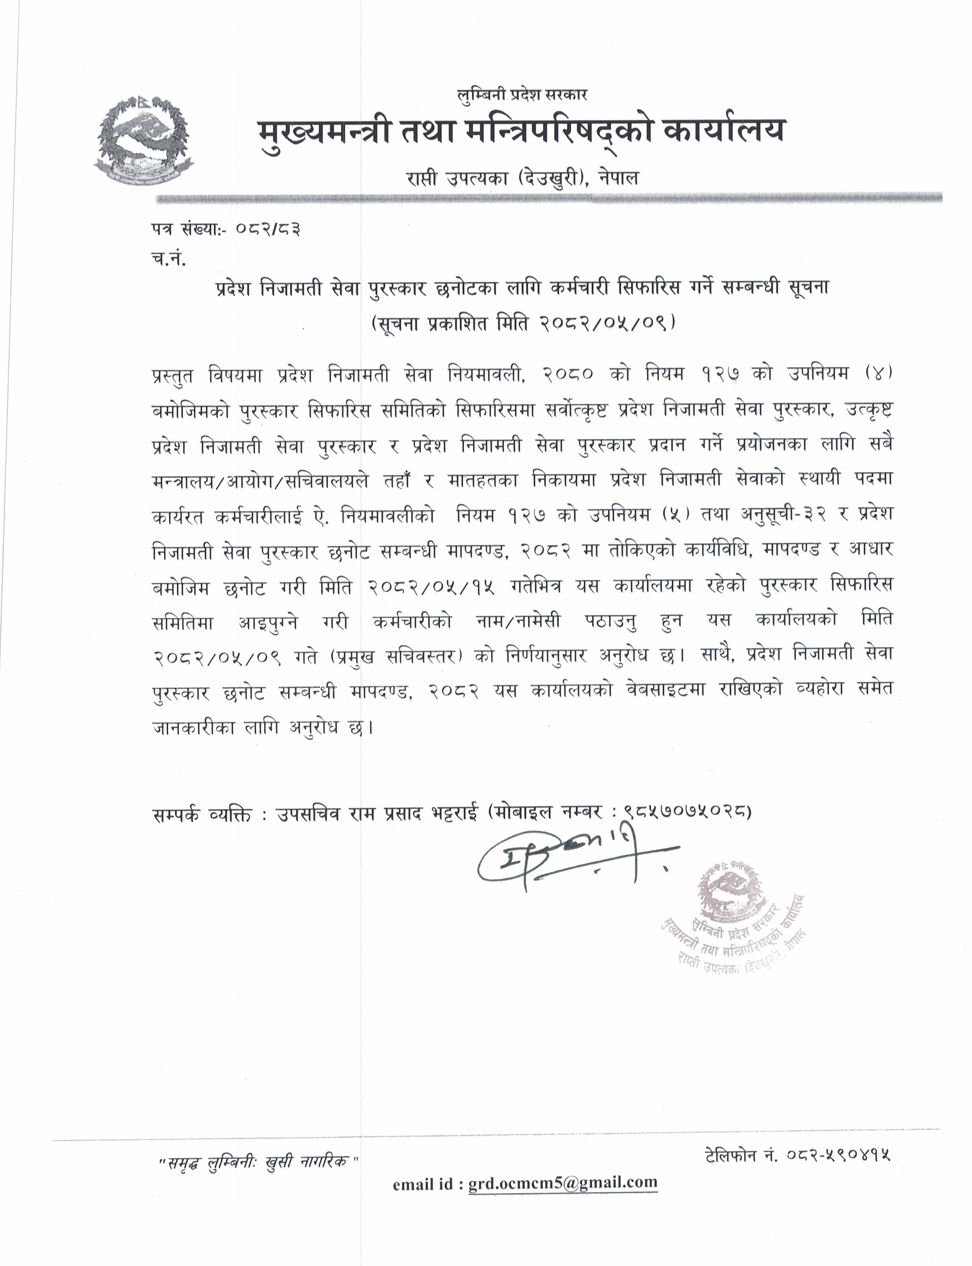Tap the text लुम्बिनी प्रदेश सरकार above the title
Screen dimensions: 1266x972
click(522, 95)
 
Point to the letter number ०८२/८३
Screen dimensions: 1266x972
click(268, 230)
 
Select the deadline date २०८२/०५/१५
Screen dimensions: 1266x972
click(431, 587)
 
